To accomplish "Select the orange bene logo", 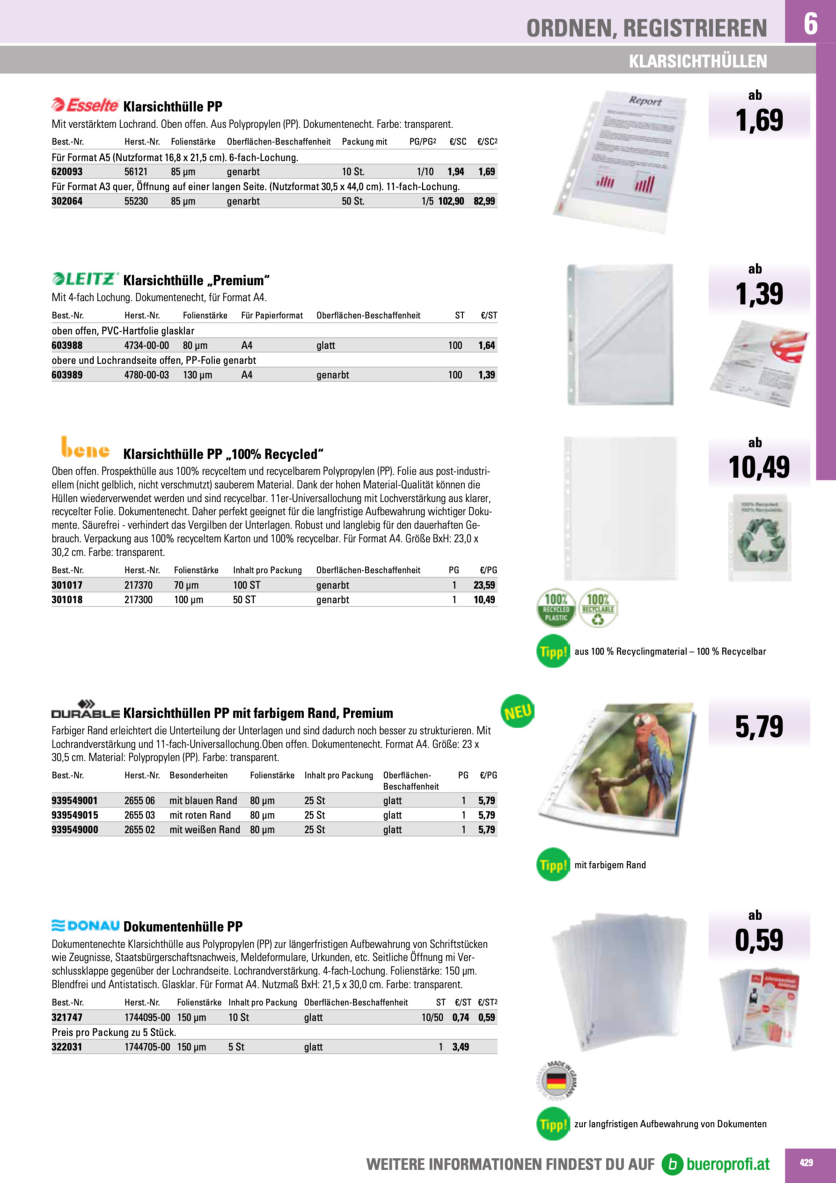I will coord(85,447).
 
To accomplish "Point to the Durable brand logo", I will coord(86,710).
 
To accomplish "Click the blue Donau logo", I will coord(86,925).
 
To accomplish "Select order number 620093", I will coord(67,171).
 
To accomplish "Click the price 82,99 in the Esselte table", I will coord(484,201).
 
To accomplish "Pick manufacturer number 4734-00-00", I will coord(147,345).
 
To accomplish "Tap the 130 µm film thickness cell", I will coord(197,375).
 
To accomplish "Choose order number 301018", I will coord(67,599).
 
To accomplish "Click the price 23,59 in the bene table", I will coord(484,585).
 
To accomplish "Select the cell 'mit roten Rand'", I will coord(200,814).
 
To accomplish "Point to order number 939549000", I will coord(75,829).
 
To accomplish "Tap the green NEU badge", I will coord(517,713).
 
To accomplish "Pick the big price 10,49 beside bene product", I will coord(759,467).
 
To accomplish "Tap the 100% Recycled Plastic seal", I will coord(556,608).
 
